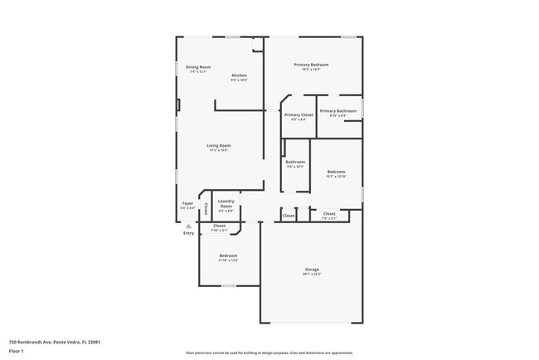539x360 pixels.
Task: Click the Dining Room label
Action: tap(198, 67)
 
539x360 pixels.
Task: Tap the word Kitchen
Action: tap(239, 75)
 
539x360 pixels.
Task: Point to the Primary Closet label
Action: tap(299, 115)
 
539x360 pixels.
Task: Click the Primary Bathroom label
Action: tap(338, 111)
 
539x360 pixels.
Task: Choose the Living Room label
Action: tap(219, 145)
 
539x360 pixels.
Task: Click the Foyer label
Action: tap(187, 202)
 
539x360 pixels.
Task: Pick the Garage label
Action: tap(312, 269)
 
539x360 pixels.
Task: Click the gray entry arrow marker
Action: tap(188, 226)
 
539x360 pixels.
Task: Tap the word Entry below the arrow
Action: tap(188, 233)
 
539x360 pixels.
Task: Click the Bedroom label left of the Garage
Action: tap(228, 255)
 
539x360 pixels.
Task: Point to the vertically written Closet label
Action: tap(206, 209)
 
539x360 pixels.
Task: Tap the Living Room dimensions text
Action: tap(219, 150)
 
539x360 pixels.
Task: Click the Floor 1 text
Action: tap(17, 352)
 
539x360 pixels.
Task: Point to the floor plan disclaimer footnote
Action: tap(269, 352)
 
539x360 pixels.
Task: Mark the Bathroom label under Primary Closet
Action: tap(295, 162)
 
